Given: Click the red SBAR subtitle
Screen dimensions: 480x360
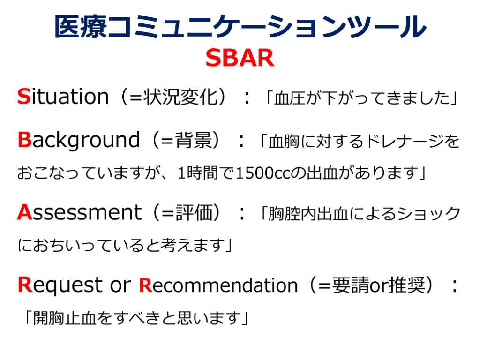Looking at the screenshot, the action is tap(240, 58).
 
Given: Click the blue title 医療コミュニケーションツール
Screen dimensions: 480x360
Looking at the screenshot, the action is tap(240, 27).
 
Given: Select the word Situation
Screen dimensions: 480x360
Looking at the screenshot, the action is tap(63, 97).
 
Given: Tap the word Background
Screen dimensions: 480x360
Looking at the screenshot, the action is tap(79, 140).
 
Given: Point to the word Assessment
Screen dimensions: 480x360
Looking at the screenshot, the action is tap(80, 212).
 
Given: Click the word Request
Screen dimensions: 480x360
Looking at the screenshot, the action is tap(60, 285).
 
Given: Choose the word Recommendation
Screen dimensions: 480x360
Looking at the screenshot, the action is tap(218, 285).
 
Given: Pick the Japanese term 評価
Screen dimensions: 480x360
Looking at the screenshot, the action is tap(194, 212).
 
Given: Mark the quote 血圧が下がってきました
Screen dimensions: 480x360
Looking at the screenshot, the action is tap(361, 98).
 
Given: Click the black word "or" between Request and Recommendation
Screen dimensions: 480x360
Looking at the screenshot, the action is tap(120, 285).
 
